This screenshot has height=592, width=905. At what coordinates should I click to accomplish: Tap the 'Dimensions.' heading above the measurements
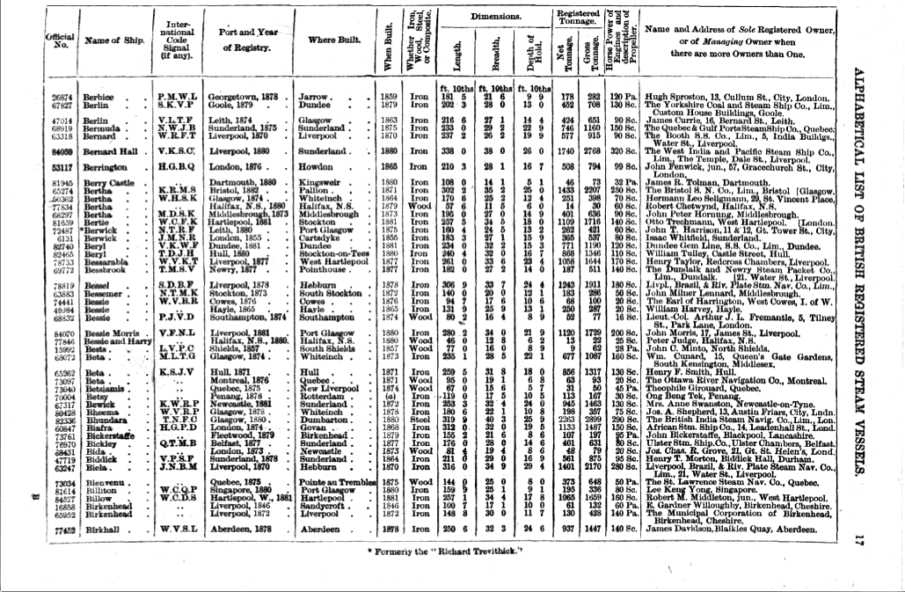coord(496,16)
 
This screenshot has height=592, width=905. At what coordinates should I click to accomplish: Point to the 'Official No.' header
coord(62,40)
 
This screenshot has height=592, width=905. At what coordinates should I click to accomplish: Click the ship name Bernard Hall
coord(113,151)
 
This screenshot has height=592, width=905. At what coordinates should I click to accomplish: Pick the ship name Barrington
coord(112,165)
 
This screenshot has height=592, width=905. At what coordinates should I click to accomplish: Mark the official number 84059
coord(62,151)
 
